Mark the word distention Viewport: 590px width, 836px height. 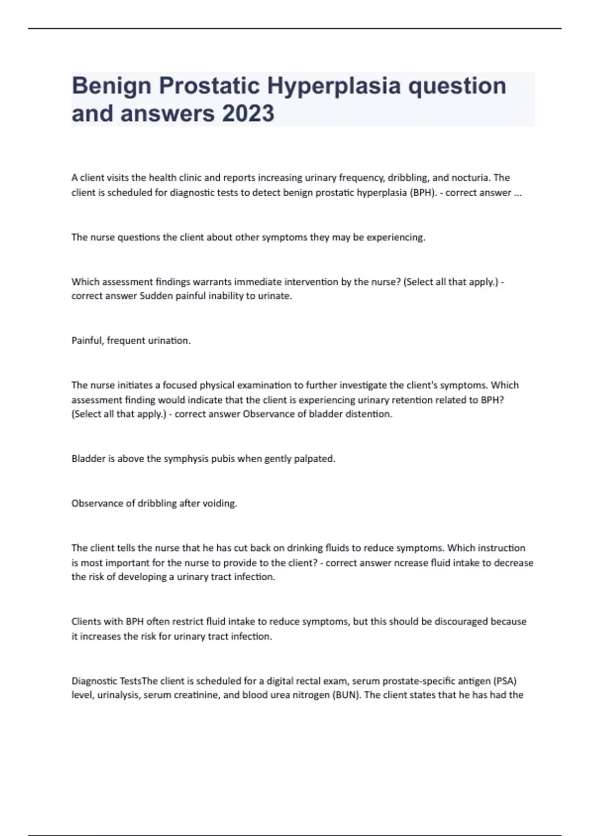click(x=368, y=414)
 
